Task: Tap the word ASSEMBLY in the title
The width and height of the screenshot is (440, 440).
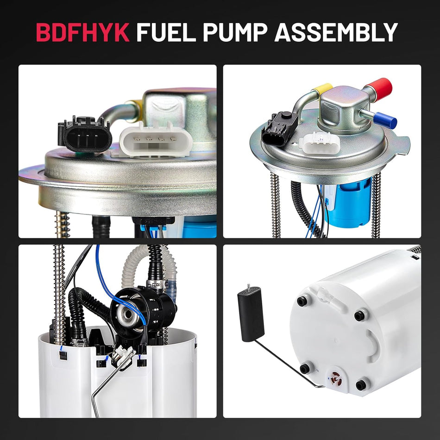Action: point(336,32)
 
